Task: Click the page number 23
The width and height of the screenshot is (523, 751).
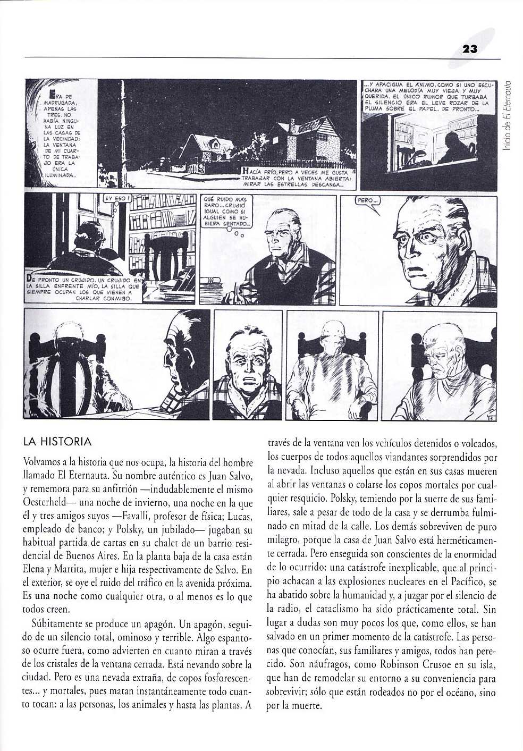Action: point(470,49)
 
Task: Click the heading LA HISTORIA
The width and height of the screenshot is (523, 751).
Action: point(57,442)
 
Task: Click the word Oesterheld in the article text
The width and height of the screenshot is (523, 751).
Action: point(48,502)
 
